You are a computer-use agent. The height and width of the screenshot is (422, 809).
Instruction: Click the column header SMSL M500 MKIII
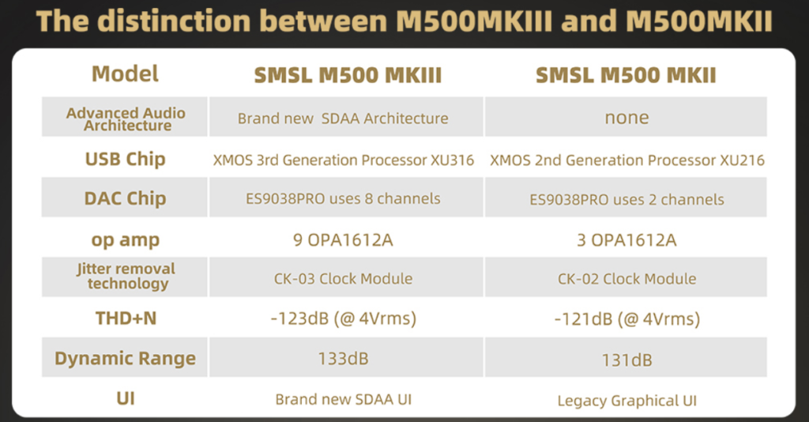coord(348,75)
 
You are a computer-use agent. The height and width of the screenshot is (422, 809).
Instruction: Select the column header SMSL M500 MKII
coord(626,75)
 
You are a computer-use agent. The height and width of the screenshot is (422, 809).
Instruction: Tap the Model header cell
coord(125,73)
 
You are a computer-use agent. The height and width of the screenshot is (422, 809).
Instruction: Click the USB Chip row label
coord(126,159)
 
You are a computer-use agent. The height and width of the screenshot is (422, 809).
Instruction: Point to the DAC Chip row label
coord(126,198)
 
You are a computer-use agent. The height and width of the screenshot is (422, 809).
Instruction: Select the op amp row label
coord(126,240)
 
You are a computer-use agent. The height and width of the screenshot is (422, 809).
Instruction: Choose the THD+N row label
coord(126,318)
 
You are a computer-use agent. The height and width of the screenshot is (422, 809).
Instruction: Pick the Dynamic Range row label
coord(126,358)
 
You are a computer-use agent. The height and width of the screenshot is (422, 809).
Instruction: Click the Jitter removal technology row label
coord(126,276)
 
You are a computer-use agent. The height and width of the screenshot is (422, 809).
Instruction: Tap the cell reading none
coord(627,118)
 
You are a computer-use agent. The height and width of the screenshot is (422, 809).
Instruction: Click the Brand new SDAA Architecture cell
coord(343,118)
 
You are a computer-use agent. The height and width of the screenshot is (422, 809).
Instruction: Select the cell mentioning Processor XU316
coord(344,160)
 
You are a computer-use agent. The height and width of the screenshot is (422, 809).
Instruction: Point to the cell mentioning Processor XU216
coord(627,160)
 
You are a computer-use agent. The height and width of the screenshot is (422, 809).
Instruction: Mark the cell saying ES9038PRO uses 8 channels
coord(343,198)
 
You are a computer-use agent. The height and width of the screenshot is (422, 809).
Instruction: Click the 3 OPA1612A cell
coord(627,240)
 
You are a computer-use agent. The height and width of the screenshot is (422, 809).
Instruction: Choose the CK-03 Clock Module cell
coord(343,279)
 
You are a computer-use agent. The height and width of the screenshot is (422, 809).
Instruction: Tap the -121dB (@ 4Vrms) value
coord(627,318)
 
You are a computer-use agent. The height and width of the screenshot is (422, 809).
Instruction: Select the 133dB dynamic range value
coord(343,359)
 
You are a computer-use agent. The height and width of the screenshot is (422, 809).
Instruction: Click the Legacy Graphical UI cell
coord(627,401)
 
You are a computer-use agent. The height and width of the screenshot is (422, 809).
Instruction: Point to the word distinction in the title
coord(174,21)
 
